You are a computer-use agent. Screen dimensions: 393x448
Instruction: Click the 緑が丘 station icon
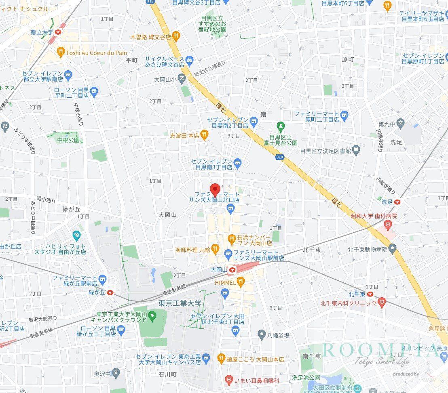[110, 292]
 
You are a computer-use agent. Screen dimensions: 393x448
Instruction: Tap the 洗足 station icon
[397, 201]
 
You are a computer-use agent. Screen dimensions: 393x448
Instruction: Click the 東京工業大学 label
[180, 304]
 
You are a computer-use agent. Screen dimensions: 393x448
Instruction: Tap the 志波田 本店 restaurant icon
[205, 135]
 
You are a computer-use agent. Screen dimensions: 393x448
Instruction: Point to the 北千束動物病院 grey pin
[393, 249]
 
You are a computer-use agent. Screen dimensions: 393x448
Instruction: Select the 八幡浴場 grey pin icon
[262, 334]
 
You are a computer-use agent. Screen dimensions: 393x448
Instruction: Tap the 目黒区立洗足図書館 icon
[356, 150]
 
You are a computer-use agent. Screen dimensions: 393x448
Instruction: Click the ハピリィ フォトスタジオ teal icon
[76, 235]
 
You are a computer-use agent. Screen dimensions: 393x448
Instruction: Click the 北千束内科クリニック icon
[382, 303]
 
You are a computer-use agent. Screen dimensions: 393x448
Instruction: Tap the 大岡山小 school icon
[182, 79]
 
